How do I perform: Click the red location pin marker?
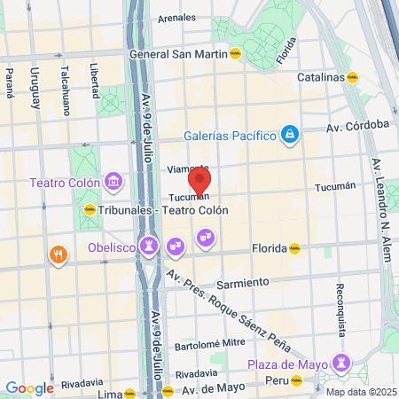coord(200,181)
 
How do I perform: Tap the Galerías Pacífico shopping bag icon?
coord(288,135)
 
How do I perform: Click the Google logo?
coord(29,387)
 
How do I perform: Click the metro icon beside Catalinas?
coord(353,77)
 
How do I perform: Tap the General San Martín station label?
coord(176,53)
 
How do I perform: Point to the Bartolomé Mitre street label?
coord(209,342)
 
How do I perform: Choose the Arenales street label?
coord(176,17)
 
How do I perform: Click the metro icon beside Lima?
coord(131,392)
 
